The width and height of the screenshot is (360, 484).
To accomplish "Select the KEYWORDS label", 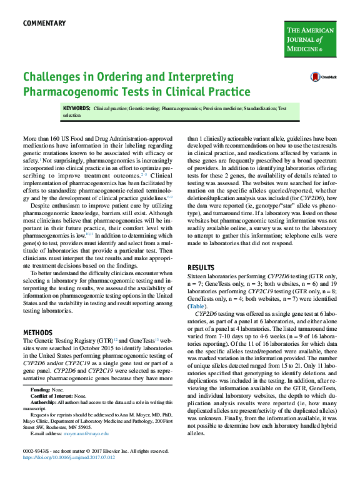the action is click(76, 108).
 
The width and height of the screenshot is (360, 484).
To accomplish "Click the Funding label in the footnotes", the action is click(41, 388).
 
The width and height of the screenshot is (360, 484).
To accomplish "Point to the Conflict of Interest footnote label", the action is click(52, 395).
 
